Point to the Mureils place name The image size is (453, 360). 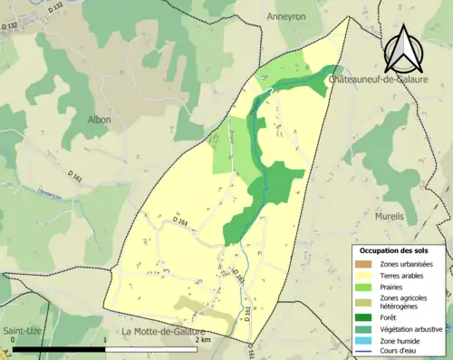[x=391, y=218]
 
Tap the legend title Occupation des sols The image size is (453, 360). [x=400, y=249]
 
